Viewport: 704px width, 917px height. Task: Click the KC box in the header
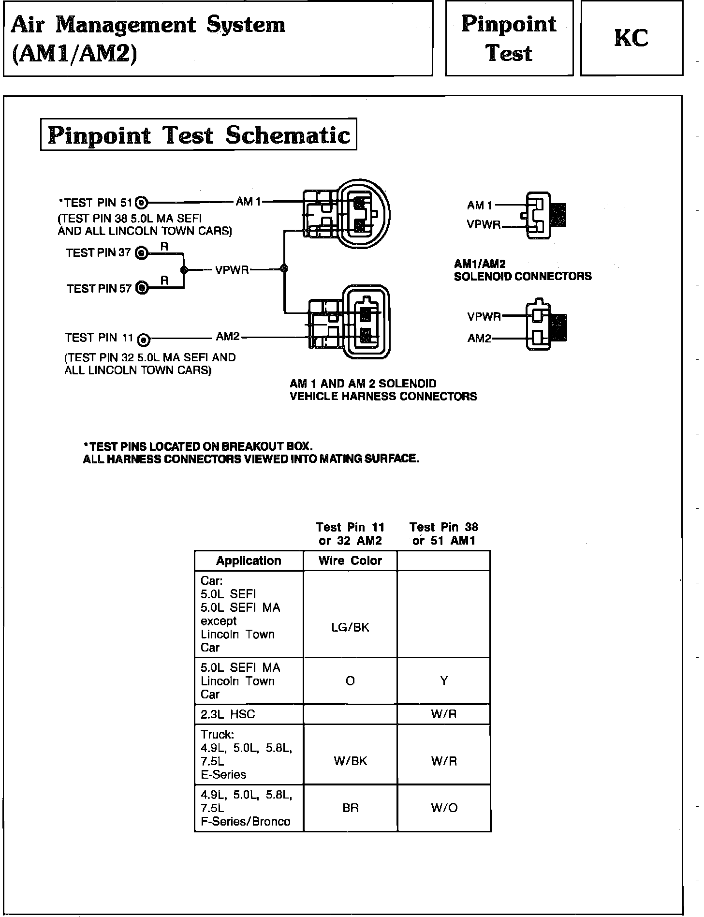(x=631, y=38)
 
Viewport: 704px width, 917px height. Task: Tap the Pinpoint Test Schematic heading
(x=198, y=134)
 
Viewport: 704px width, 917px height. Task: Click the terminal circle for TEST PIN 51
(x=142, y=203)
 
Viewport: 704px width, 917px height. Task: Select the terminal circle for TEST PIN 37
(x=141, y=253)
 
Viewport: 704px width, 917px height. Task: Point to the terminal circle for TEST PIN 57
(x=142, y=288)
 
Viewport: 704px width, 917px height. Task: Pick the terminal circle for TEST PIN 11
(x=144, y=340)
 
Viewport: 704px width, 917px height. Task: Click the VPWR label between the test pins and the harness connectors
(x=232, y=270)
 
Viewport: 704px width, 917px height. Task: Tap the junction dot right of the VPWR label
(x=284, y=269)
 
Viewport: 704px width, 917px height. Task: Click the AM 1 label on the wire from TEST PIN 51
(x=248, y=202)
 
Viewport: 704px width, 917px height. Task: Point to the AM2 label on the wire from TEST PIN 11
(x=228, y=337)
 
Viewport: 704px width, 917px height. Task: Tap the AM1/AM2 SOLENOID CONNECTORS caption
(x=522, y=270)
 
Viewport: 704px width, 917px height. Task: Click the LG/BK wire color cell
(x=350, y=627)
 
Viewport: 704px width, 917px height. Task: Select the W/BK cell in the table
(x=350, y=761)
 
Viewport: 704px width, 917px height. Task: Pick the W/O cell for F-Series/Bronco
(x=444, y=808)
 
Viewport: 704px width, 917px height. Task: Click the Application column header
(x=249, y=561)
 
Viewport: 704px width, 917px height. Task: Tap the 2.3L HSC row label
(x=228, y=714)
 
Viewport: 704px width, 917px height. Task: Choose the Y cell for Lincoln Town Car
(x=444, y=681)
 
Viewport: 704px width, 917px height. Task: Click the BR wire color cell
(x=350, y=808)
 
